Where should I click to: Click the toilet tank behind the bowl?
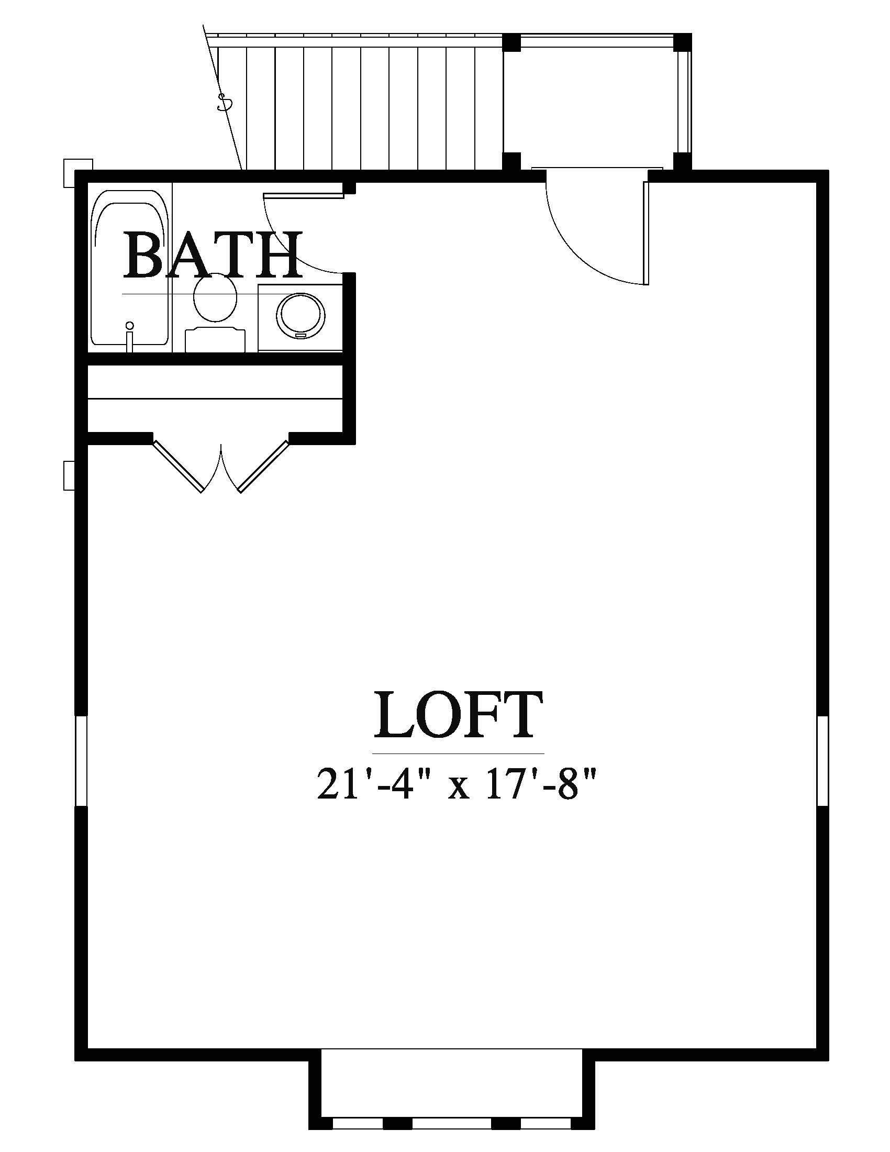point(215,338)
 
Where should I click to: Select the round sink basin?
point(299,316)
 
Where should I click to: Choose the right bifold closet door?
point(264,466)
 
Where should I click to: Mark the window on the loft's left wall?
point(81,761)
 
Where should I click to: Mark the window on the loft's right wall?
point(822,761)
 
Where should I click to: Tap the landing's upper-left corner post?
point(511,42)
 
